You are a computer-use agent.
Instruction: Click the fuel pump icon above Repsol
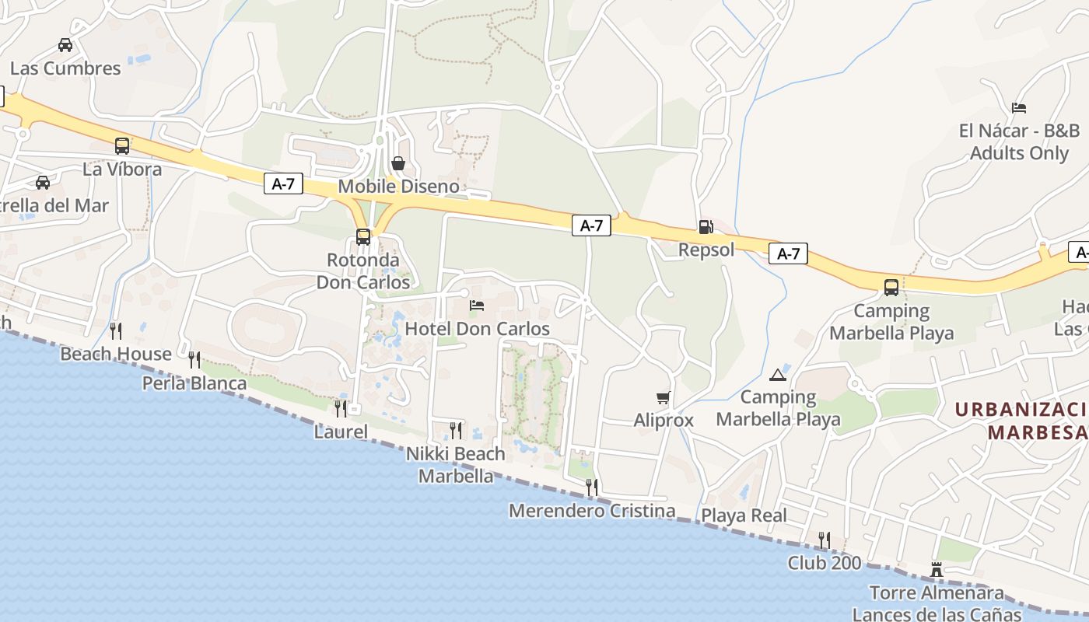coord(706,227)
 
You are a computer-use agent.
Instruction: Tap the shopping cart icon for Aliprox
coord(663,398)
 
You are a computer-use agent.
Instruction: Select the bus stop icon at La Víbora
coord(122,145)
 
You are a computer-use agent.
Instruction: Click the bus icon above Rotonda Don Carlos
coord(363,236)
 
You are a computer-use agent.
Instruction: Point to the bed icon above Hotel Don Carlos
coord(477,306)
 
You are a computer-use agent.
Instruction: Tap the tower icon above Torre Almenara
coord(937,571)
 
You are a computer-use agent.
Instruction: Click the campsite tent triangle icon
coord(777,375)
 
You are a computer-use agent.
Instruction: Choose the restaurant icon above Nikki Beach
coord(456,430)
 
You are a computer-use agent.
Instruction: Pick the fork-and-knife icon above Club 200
coord(825,540)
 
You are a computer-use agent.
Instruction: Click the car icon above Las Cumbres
coord(65,45)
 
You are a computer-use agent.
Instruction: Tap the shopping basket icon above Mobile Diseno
coord(398,163)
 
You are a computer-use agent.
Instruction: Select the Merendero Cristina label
coord(592,511)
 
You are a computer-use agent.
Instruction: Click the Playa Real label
coord(744,515)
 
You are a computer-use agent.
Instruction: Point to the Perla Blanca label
coord(194,383)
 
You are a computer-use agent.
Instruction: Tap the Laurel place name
coord(341,432)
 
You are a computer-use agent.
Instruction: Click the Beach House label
coord(116,355)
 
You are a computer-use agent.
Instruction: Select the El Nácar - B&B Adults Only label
coord(1019,142)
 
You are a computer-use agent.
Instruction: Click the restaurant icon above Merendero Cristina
coord(592,487)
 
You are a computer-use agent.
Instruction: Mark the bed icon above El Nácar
coord(1019,107)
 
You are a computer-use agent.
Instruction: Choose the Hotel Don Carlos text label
coord(478,329)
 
